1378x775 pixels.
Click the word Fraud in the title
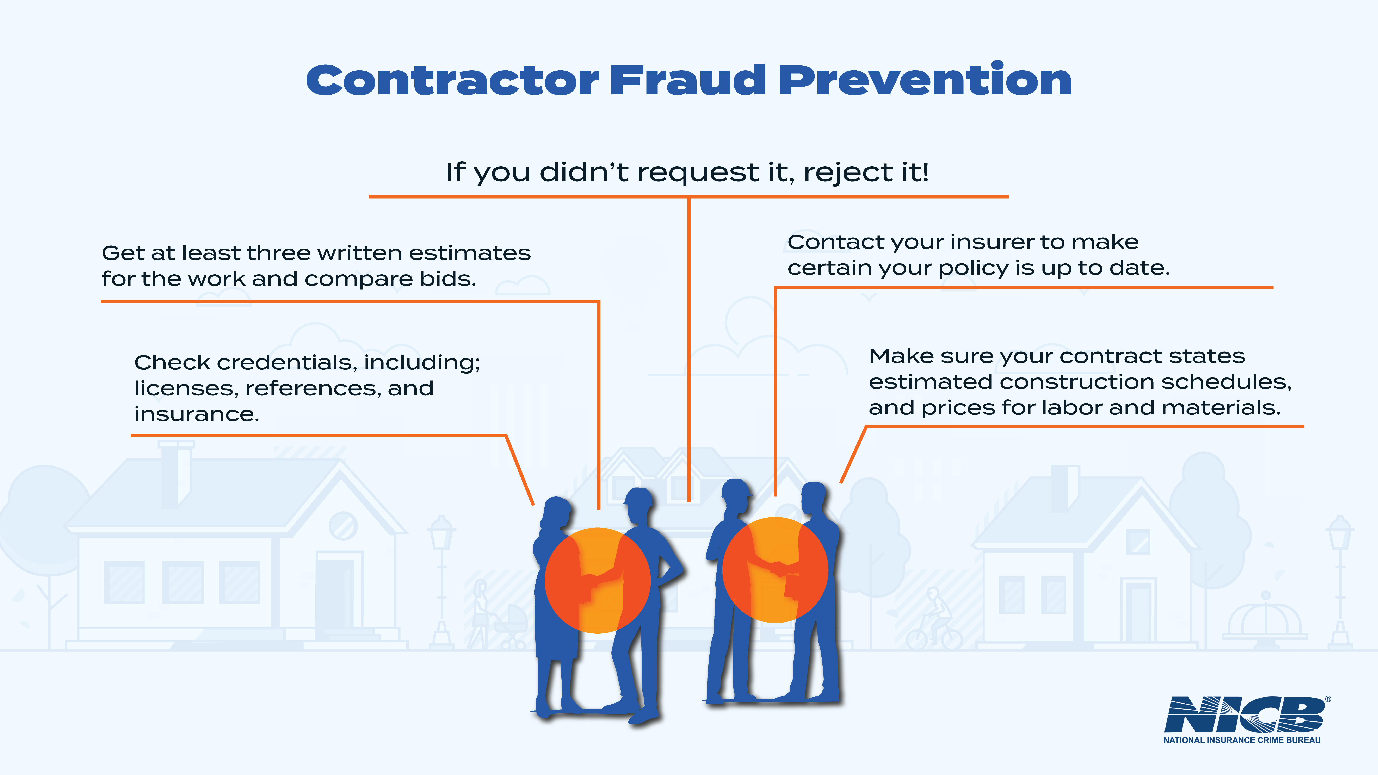click(x=688, y=80)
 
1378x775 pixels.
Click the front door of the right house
click(x=1138, y=612)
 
